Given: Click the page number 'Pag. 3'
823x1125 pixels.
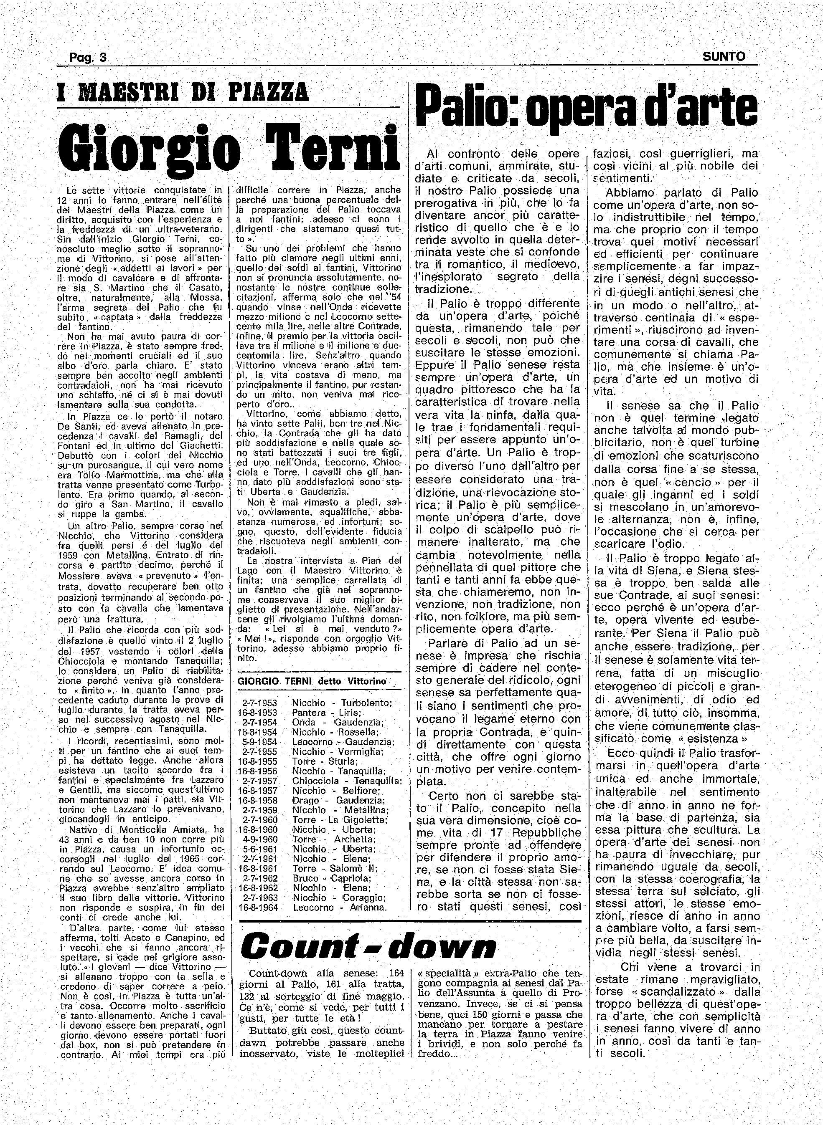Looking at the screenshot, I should pyautogui.click(x=88, y=57).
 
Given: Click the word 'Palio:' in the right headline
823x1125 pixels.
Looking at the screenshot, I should pyautogui.click(x=468, y=110).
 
